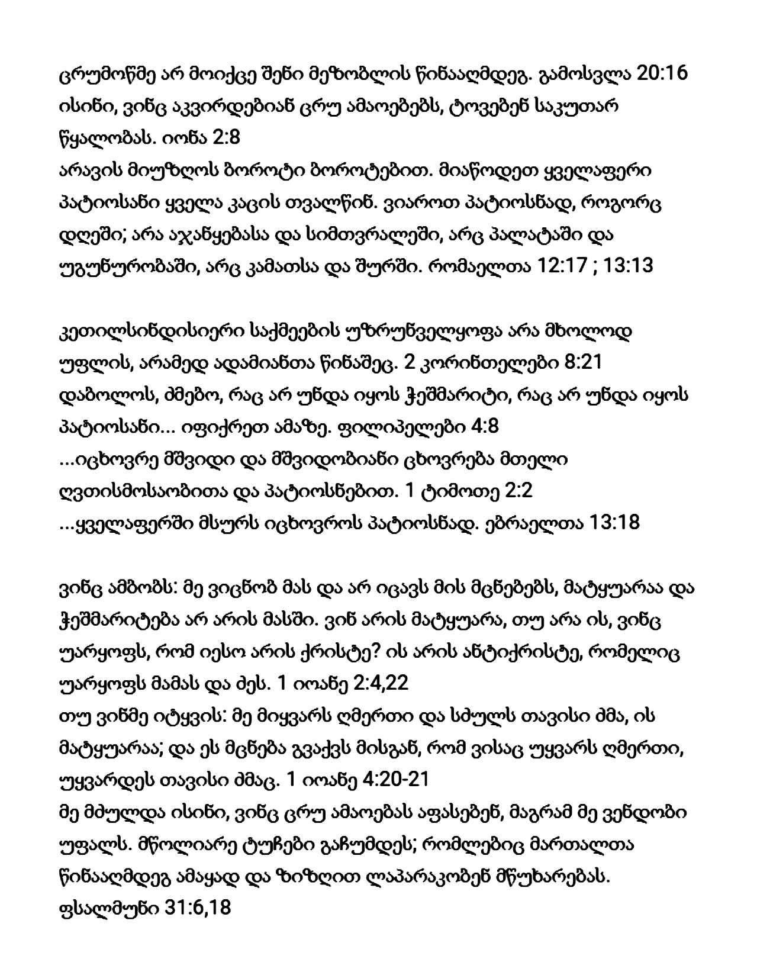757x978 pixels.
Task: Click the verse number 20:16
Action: pyautogui.click(x=661, y=76)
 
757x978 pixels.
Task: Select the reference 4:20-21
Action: pyautogui.click(x=389, y=780)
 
